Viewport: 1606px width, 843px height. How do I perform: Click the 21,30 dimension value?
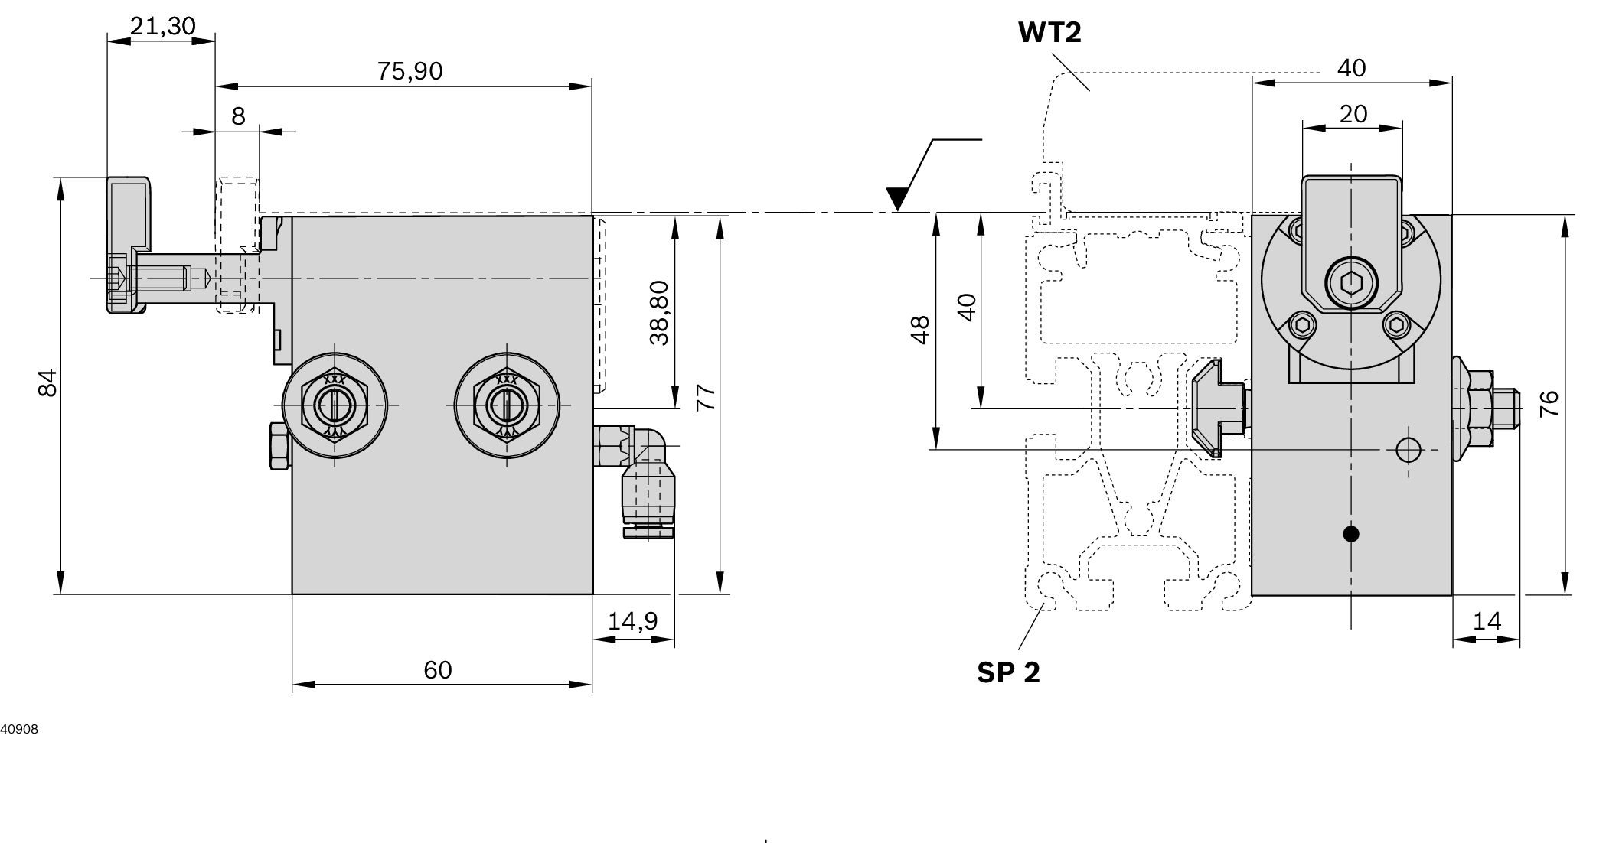point(162,26)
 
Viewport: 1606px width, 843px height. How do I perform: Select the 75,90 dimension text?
point(410,71)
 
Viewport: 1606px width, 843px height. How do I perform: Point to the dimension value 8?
point(238,116)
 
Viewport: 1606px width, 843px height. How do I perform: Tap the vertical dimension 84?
point(47,382)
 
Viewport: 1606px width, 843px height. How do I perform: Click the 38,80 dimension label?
point(659,313)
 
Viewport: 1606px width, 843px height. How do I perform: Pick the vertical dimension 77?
point(706,398)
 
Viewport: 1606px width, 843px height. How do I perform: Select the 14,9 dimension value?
point(632,621)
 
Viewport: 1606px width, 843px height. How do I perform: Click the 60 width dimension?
point(438,670)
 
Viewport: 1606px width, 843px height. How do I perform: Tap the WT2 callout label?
point(1049,33)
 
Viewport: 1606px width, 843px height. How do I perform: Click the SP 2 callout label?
point(1008,672)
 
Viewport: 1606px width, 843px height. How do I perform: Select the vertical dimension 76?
point(1549,403)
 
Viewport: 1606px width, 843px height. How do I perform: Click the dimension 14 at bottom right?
point(1487,621)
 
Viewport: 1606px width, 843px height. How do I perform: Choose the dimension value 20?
point(1353,114)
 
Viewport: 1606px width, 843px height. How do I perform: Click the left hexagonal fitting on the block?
point(335,404)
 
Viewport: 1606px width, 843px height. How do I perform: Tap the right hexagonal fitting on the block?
point(506,404)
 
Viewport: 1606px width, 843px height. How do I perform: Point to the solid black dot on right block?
point(1351,534)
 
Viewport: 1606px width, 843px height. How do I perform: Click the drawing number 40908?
point(19,730)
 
